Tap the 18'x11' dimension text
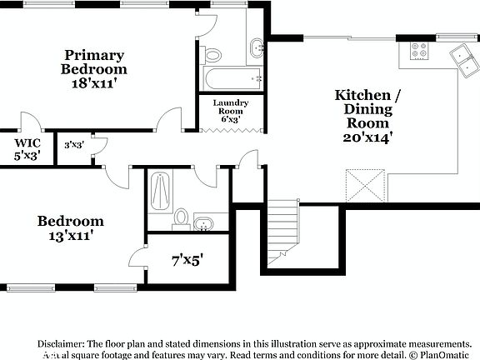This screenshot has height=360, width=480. tap(94, 82)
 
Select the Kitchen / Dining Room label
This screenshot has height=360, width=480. tap(367, 108)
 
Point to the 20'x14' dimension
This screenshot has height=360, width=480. tap(367, 137)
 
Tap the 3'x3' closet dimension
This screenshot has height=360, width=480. tap(73, 145)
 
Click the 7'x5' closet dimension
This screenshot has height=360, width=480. tap(187, 259)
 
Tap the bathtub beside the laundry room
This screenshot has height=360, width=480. tap(230, 79)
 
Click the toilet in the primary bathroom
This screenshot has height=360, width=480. tap(213, 56)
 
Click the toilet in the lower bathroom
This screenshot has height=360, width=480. tap(181, 219)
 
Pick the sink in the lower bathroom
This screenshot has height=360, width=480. tap(204, 222)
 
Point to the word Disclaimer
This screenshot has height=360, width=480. tap(61, 343)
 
